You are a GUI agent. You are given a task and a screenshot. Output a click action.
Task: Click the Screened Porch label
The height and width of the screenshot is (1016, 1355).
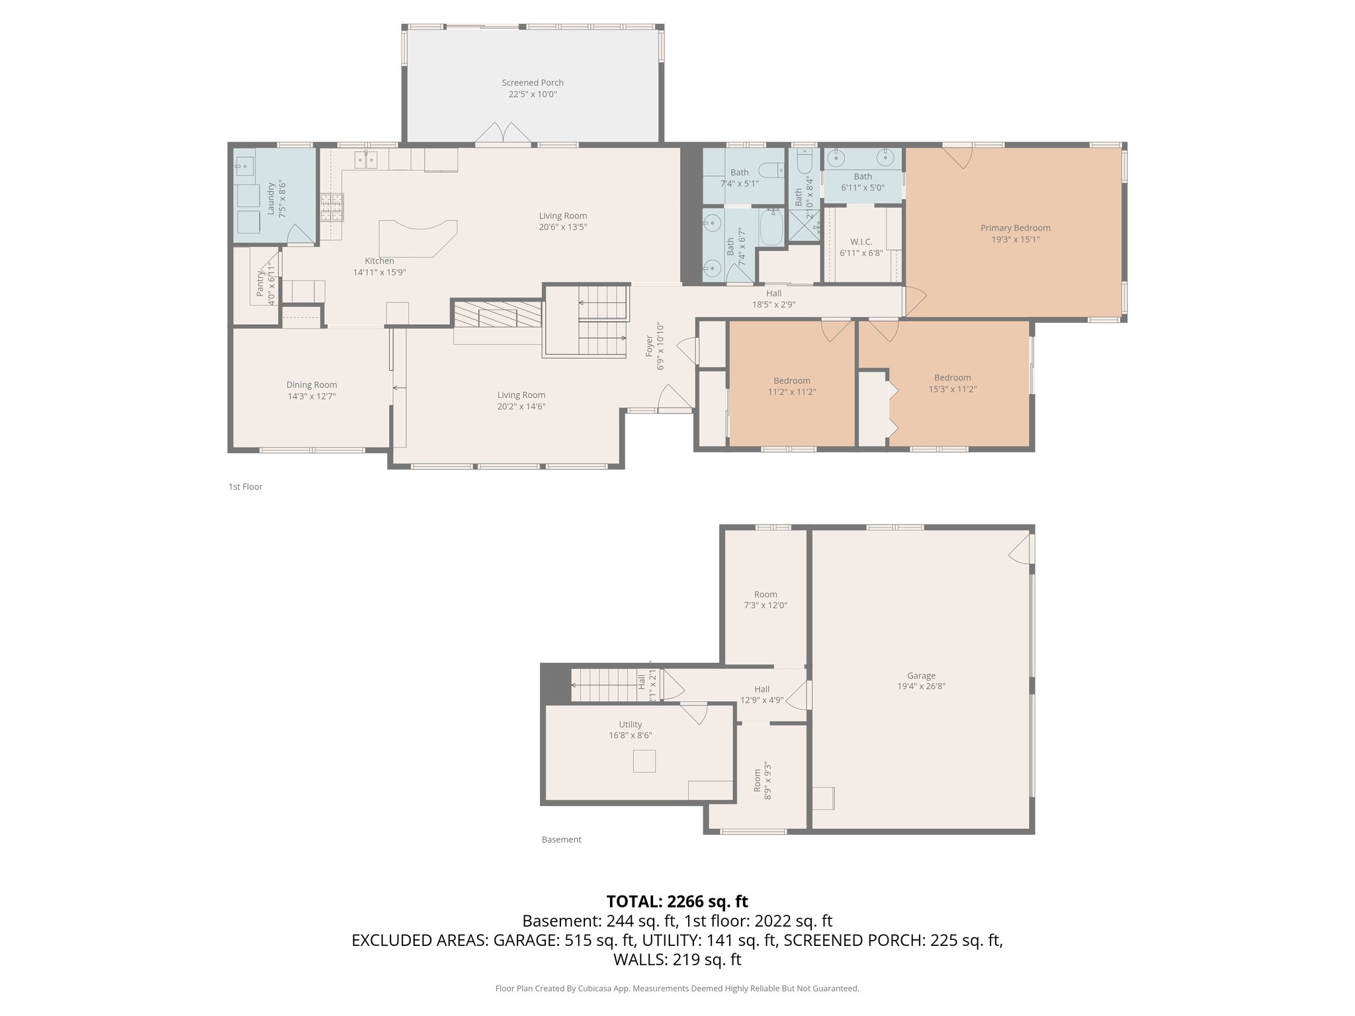pyautogui.click(x=532, y=83)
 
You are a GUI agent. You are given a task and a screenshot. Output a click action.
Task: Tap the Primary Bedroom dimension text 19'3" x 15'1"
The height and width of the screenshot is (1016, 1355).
pyautogui.click(x=1015, y=239)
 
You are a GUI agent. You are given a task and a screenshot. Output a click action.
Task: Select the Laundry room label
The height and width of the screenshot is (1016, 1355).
pyautogui.click(x=271, y=199)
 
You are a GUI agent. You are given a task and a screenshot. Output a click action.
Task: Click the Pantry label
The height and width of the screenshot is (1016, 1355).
pyautogui.click(x=260, y=282)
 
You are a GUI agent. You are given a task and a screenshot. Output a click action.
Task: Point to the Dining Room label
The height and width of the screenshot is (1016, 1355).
pyautogui.click(x=312, y=385)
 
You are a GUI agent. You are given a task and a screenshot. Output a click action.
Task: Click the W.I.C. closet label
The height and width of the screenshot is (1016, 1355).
pyautogui.click(x=861, y=242)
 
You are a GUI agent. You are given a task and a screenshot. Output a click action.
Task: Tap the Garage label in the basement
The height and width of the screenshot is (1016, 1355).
pyautogui.click(x=921, y=675)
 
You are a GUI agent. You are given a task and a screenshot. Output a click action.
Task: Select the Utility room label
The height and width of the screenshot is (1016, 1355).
pyautogui.click(x=630, y=724)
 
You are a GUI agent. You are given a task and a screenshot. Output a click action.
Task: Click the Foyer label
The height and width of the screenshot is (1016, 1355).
pyautogui.click(x=650, y=346)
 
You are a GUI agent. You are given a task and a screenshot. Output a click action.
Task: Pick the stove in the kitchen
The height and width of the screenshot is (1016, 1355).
pyautogui.click(x=331, y=207)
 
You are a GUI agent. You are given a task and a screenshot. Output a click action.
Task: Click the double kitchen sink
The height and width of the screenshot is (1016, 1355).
pyautogui.click(x=365, y=160)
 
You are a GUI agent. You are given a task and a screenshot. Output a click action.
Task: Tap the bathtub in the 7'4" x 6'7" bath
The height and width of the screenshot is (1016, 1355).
pyautogui.click(x=771, y=227)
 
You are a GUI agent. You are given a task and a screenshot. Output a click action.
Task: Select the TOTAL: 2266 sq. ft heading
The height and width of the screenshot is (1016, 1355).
pyautogui.click(x=677, y=902)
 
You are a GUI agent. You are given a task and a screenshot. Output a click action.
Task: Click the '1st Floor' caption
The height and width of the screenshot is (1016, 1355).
pyautogui.click(x=245, y=487)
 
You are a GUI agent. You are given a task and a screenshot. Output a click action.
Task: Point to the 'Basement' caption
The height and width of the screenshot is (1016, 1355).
pyautogui.click(x=561, y=839)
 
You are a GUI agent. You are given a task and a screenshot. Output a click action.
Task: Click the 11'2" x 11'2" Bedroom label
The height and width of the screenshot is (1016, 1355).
pyautogui.click(x=791, y=381)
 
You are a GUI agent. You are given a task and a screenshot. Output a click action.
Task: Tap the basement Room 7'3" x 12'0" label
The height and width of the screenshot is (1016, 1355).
pyautogui.click(x=765, y=595)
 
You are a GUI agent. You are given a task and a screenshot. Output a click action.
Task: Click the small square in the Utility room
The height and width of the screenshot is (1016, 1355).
pyautogui.click(x=644, y=761)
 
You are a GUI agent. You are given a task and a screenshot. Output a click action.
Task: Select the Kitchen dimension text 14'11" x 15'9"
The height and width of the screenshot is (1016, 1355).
pyautogui.click(x=379, y=272)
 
